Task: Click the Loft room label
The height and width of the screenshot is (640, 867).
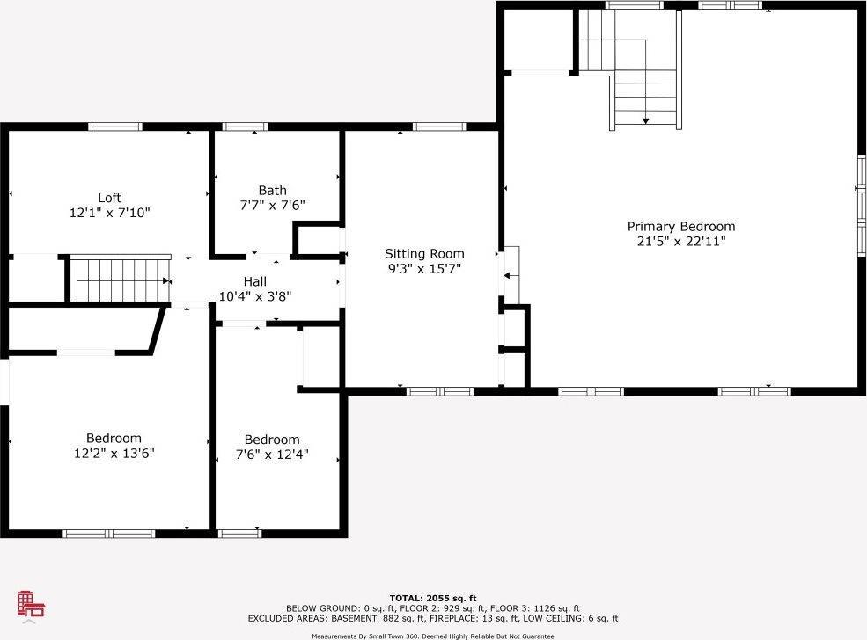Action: point(109,198)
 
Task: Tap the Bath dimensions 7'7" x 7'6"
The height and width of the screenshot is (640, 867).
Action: point(273,206)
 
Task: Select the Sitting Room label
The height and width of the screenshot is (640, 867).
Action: point(424,254)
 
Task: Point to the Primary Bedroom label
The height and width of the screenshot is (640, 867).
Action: point(681,227)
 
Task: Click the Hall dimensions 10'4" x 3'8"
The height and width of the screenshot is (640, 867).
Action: point(255,296)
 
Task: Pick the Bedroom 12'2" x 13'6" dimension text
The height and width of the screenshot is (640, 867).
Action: point(114,454)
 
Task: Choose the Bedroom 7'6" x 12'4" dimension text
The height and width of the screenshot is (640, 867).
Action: point(272,455)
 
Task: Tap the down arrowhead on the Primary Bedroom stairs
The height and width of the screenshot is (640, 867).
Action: point(645,120)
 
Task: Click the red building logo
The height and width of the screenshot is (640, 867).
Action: point(31,604)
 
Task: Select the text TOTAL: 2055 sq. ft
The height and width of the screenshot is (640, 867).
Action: point(433,598)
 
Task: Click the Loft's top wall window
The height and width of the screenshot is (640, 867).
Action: point(115,127)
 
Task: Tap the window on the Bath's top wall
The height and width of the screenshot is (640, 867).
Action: point(245,127)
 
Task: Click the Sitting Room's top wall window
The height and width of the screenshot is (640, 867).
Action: point(439,127)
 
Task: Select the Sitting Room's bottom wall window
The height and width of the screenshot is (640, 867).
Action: point(440,391)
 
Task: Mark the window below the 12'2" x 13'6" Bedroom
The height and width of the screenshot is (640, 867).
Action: point(109,534)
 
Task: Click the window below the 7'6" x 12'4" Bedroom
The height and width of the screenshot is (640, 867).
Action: point(239,534)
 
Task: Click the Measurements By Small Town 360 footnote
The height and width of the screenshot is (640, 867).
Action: point(433,636)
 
